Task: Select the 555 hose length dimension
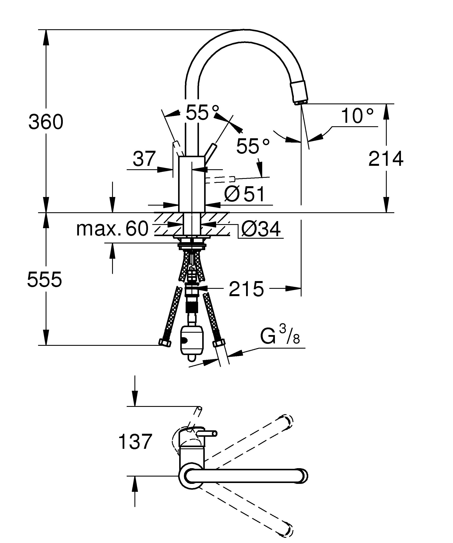[45, 280]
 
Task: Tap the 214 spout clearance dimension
[385, 158]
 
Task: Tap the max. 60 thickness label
[112, 229]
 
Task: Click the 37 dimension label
[144, 159]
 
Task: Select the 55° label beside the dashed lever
[253, 146]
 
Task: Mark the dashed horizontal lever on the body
[220, 179]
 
